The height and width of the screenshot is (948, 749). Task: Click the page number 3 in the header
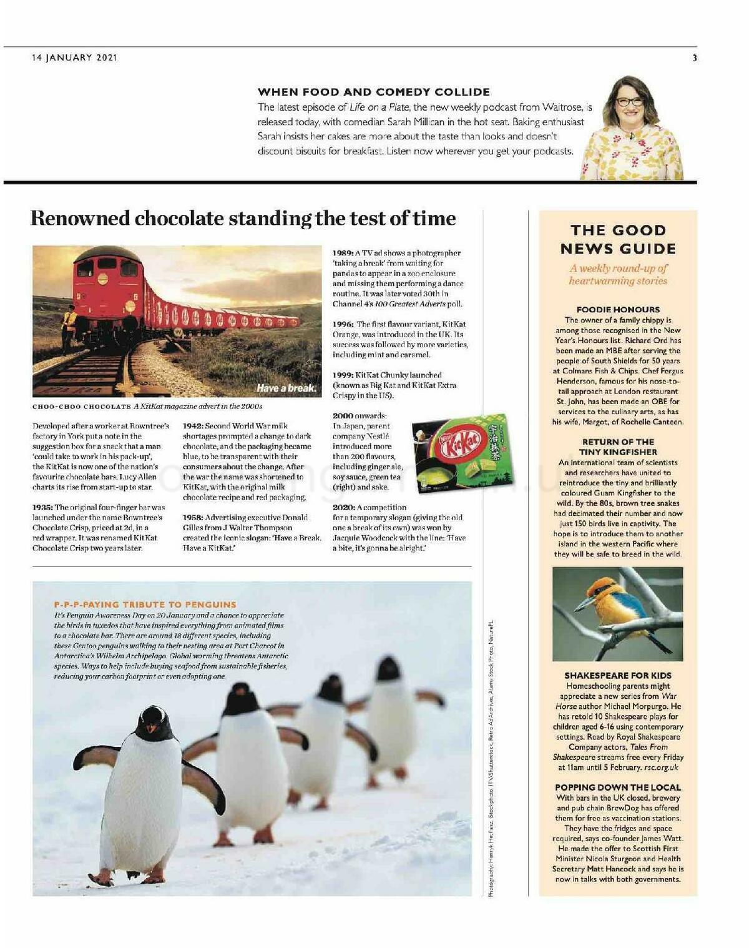(695, 58)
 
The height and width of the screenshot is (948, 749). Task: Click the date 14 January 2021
(74, 57)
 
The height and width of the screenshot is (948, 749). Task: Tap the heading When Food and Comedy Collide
(373, 92)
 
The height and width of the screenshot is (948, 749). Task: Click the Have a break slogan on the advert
(286, 388)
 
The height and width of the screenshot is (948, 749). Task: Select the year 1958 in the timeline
(193, 517)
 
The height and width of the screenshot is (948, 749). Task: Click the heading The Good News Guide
(618, 239)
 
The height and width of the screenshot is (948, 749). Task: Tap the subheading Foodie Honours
(618, 309)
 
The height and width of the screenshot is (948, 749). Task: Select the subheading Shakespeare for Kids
(618, 675)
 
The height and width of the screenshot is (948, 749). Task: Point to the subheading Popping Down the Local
(618, 787)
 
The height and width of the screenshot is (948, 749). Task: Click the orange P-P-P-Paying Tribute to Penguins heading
(145, 605)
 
